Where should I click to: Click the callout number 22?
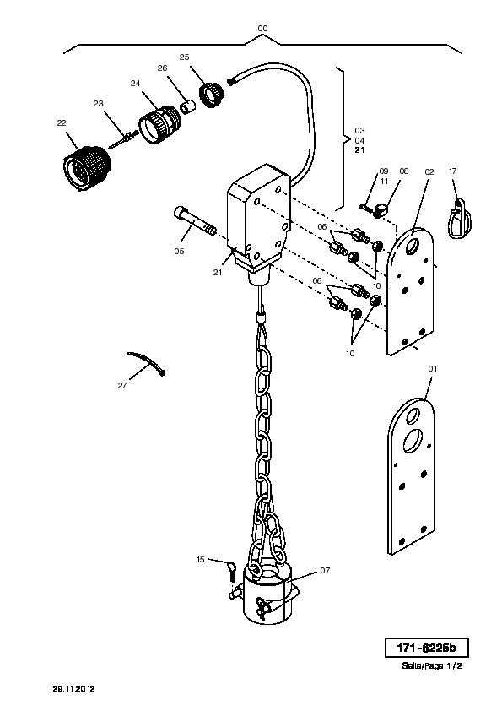pyautogui.click(x=62, y=122)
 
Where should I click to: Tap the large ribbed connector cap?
pyautogui.click(x=87, y=169)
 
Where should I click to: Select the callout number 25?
pyautogui.click(x=184, y=57)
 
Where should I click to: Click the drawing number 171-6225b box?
pyautogui.click(x=426, y=648)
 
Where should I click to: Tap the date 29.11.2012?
pyautogui.click(x=74, y=688)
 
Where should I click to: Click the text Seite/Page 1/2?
pyautogui.click(x=432, y=665)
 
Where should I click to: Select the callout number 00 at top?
pyautogui.click(x=262, y=29)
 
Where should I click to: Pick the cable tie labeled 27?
pyautogui.click(x=146, y=362)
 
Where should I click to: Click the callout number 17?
pyautogui.click(x=452, y=171)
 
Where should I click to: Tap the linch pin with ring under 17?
pyautogui.click(x=460, y=219)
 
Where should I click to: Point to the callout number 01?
pyautogui.click(x=433, y=369)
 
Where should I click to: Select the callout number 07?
pyautogui.click(x=326, y=571)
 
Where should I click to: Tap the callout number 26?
pyautogui.click(x=162, y=68)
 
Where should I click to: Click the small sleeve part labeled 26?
pyautogui.click(x=187, y=108)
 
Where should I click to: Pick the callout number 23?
pyautogui.click(x=99, y=103)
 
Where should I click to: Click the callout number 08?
pyautogui.click(x=403, y=171)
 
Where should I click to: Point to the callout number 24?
pyautogui.click(x=135, y=84)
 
